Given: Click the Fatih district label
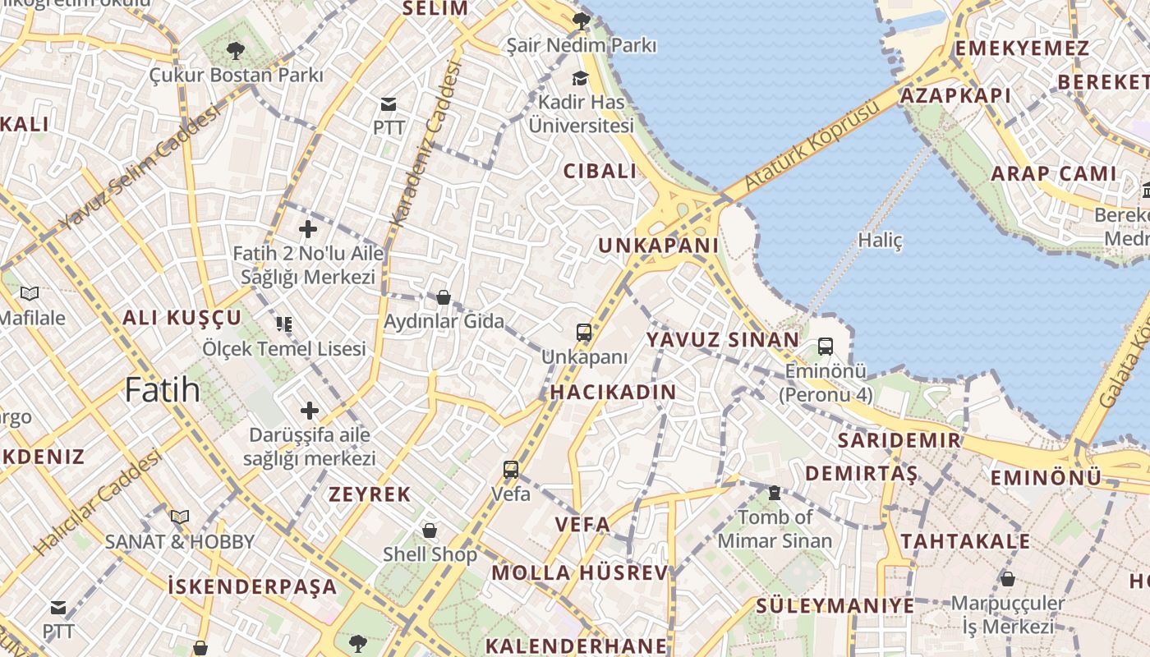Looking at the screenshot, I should pyautogui.click(x=163, y=389).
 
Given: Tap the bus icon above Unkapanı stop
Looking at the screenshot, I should pyautogui.click(x=584, y=333).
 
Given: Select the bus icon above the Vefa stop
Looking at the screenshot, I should pyautogui.click(x=511, y=470).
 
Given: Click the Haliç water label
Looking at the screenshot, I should pyautogui.click(x=880, y=241).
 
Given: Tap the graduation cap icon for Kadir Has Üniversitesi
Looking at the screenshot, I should pyautogui.click(x=581, y=78).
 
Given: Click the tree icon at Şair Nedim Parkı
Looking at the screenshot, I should pyautogui.click(x=581, y=21).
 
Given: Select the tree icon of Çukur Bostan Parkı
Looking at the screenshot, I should pyautogui.click(x=236, y=51).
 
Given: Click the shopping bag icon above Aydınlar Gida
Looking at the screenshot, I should pyautogui.click(x=444, y=296).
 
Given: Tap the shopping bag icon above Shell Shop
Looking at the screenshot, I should pyautogui.click(x=429, y=531).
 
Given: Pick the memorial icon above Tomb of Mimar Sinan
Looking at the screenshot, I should pyautogui.click(x=774, y=493).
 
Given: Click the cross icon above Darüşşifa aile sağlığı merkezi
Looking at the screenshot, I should pyautogui.click(x=309, y=410).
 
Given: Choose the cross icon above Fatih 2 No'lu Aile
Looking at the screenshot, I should pyautogui.click(x=308, y=229).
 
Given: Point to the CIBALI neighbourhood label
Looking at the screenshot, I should pyautogui.click(x=600, y=172).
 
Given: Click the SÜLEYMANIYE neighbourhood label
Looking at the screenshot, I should pyautogui.click(x=835, y=606).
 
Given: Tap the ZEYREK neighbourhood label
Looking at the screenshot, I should pyautogui.click(x=370, y=494).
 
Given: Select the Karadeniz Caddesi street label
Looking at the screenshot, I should pyautogui.click(x=426, y=144).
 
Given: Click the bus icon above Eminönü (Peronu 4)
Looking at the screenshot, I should pyautogui.click(x=826, y=347).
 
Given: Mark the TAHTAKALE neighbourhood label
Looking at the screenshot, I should pyautogui.click(x=965, y=541).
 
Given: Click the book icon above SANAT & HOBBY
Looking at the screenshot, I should pyautogui.click(x=179, y=517).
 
